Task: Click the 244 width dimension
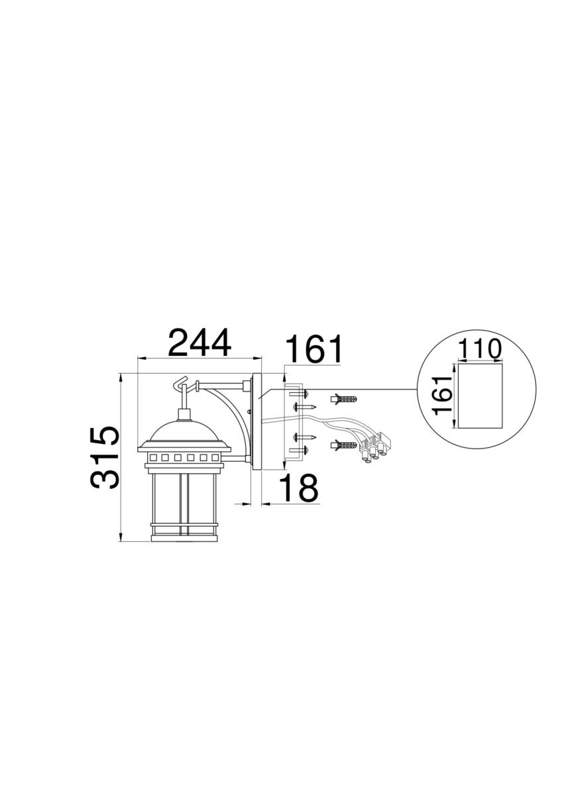(199, 343)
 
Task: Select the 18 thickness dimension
(299, 488)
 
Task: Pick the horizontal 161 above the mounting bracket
(313, 348)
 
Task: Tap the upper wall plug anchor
(343, 398)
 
